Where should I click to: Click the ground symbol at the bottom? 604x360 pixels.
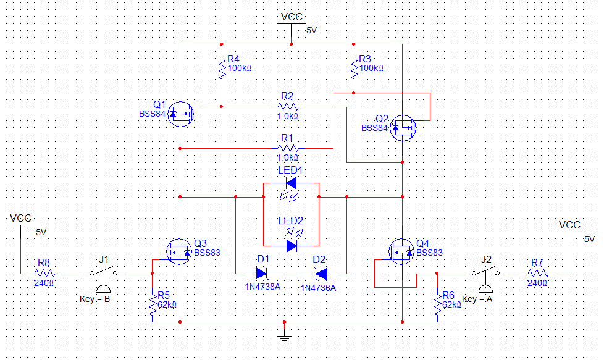[x=284, y=335]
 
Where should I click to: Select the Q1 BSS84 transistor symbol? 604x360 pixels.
[x=182, y=114]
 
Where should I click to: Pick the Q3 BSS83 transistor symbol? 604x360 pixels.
[x=179, y=251]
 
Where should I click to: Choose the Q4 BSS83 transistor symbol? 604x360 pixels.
[x=401, y=251]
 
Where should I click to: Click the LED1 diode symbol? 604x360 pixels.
[x=291, y=183]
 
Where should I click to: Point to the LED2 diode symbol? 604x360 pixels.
[x=291, y=245]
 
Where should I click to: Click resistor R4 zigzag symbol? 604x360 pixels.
[x=222, y=69]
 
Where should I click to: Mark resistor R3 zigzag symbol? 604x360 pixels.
[x=354, y=69]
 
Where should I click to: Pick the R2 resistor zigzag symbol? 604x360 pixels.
[x=288, y=107]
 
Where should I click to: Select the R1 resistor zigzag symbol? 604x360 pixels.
[x=288, y=148]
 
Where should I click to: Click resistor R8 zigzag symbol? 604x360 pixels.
[x=45, y=273]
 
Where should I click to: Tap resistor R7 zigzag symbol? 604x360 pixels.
[x=537, y=273]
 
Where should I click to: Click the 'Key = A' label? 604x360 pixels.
[x=478, y=299]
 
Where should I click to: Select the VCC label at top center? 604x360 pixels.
[x=292, y=17]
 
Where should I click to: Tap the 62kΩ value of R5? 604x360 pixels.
[x=167, y=304]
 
